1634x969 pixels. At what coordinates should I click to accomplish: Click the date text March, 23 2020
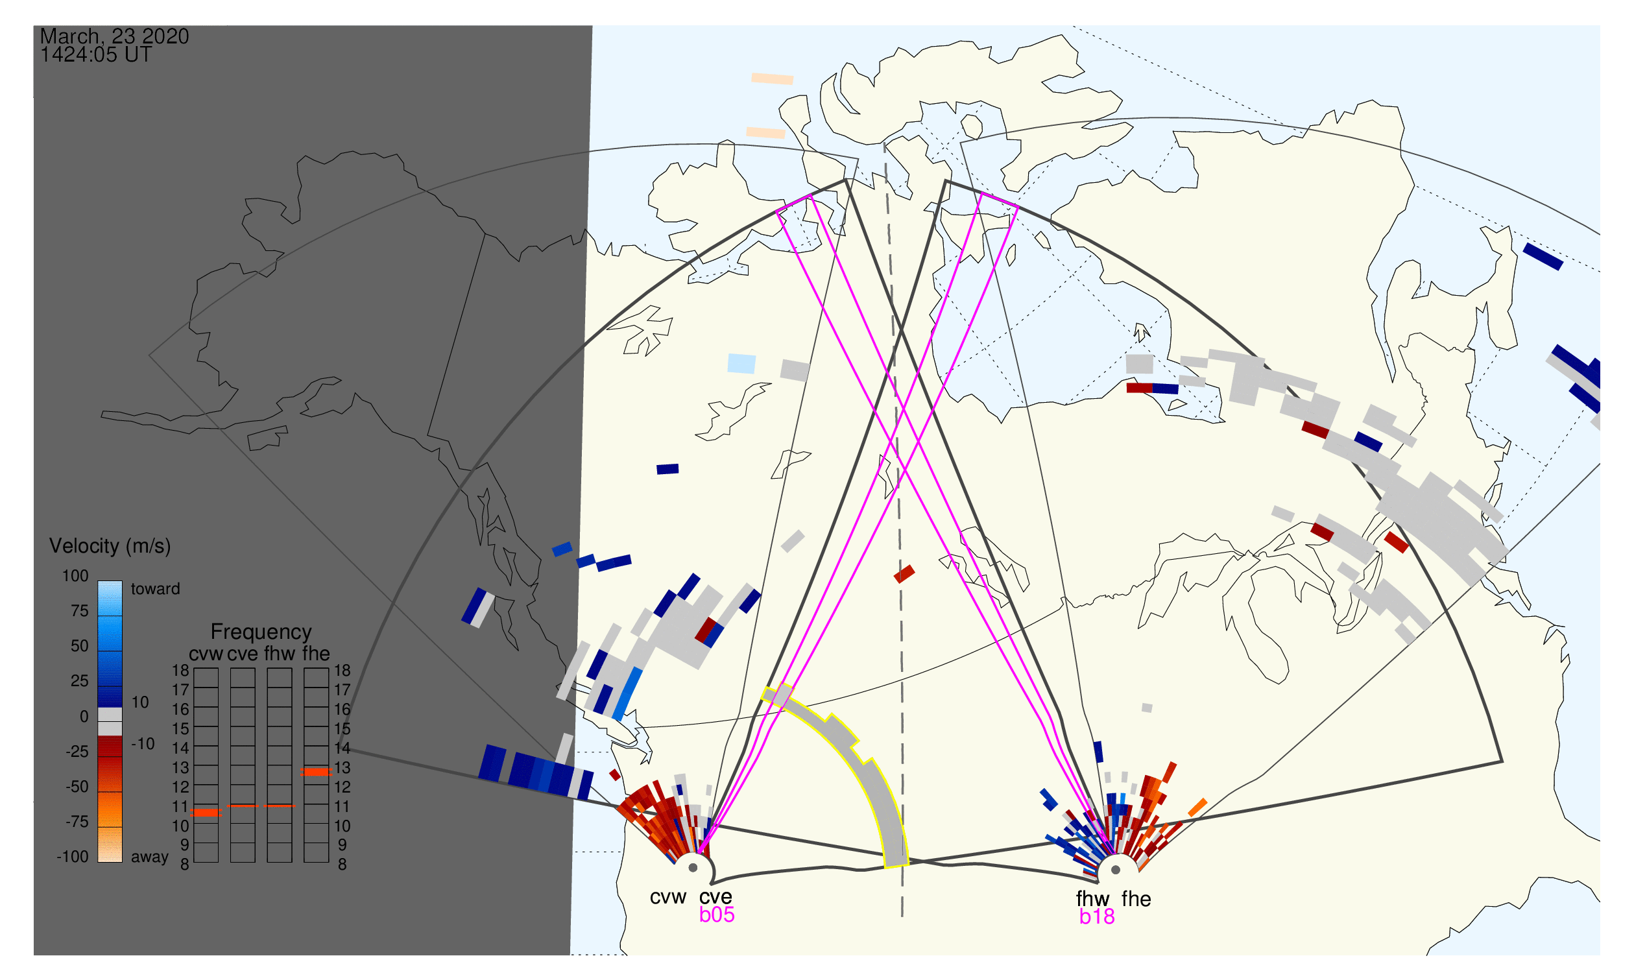click(114, 36)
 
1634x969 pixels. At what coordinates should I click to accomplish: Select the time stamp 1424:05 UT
click(96, 55)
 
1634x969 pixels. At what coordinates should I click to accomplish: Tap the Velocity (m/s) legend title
click(110, 547)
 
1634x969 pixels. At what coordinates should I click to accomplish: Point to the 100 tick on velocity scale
click(75, 577)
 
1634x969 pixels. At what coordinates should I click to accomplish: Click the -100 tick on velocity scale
click(73, 857)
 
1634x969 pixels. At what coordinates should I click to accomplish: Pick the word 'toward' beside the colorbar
click(156, 590)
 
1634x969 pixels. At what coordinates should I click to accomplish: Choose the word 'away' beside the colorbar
click(150, 857)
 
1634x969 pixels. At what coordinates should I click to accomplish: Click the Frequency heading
click(261, 632)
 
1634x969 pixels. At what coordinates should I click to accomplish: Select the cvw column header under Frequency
click(206, 654)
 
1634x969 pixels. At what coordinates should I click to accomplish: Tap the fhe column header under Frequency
click(316, 654)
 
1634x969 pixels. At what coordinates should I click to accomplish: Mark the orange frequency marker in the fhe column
click(316, 772)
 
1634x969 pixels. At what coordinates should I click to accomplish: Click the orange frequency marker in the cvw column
click(206, 813)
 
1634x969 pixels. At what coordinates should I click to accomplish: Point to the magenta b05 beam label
click(717, 915)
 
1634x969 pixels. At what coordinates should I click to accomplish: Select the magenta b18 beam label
click(1097, 917)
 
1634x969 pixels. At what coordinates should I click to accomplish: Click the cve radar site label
click(715, 898)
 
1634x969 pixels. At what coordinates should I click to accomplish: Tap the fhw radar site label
click(1092, 900)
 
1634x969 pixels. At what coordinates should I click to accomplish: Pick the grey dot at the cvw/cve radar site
click(693, 868)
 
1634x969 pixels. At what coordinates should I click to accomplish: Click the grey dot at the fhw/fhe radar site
click(1116, 870)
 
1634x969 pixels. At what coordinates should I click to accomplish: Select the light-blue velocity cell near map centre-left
click(742, 364)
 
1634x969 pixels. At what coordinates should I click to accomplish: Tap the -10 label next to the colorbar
click(143, 745)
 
